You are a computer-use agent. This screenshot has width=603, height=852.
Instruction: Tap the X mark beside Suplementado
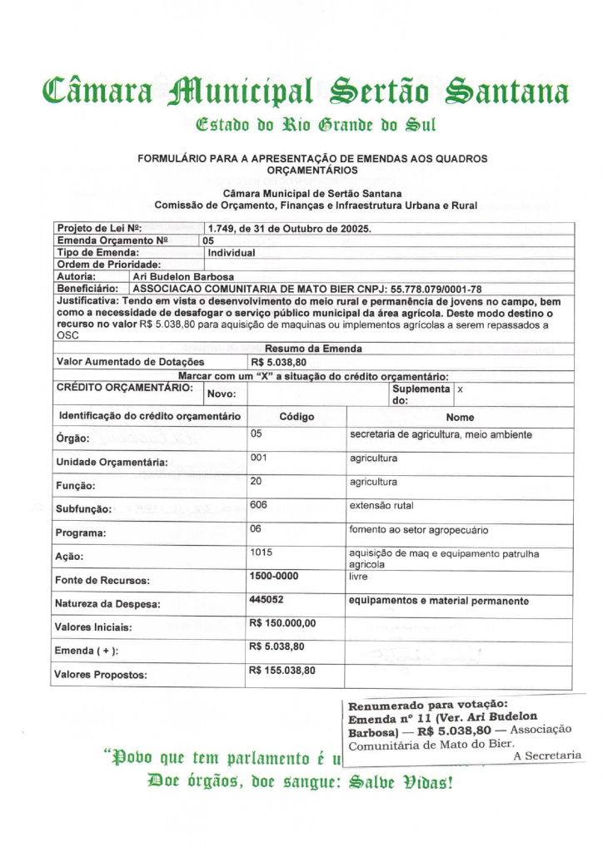click(x=461, y=389)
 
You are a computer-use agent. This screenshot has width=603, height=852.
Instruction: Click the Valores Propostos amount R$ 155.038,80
click(x=282, y=671)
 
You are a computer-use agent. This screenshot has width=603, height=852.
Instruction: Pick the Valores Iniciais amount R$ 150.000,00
click(x=282, y=623)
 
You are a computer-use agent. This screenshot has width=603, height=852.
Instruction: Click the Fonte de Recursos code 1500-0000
click(x=274, y=576)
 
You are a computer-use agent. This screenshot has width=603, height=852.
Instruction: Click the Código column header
click(x=297, y=416)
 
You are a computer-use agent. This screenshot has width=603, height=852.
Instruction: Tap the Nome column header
click(x=460, y=418)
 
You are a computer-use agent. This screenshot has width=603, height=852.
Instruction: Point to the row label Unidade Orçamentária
click(x=112, y=463)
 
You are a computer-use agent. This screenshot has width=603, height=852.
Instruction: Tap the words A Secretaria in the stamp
click(x=547, y=755)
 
